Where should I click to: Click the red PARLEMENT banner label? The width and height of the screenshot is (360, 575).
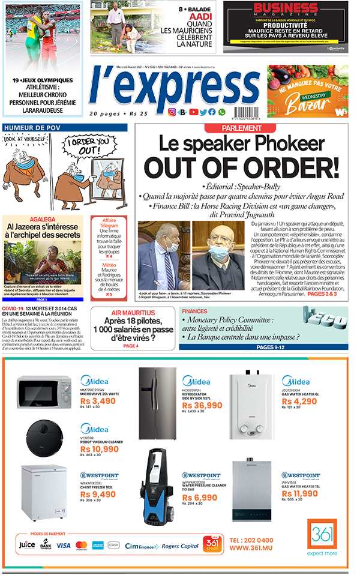click(x=241, y=128)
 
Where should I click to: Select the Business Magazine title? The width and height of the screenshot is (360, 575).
click(x=285, y=10)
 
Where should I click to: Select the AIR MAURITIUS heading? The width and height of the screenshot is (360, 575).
click(x=133, y=313)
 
